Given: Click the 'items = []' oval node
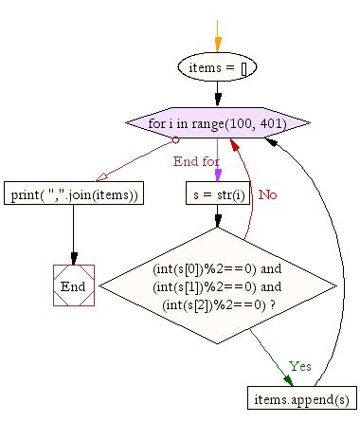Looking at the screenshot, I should click(217, 67).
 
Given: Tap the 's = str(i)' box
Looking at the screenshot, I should click(217, 193).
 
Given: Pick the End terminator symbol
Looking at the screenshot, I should click(74, 285).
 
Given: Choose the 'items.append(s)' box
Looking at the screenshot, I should click(294, 399).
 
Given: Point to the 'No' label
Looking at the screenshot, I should click(268, 194).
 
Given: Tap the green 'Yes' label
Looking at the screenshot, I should click(299, 365).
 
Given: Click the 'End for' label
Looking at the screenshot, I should click(197, 160).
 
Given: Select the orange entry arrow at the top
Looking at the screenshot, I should click(217, 35).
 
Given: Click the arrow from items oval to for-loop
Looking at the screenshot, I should click(217, 95).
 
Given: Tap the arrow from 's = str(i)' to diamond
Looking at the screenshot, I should click(217, 216).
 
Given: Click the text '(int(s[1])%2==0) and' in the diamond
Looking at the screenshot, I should click(217, 285).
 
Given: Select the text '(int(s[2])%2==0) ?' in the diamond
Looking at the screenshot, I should click(217, 303).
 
